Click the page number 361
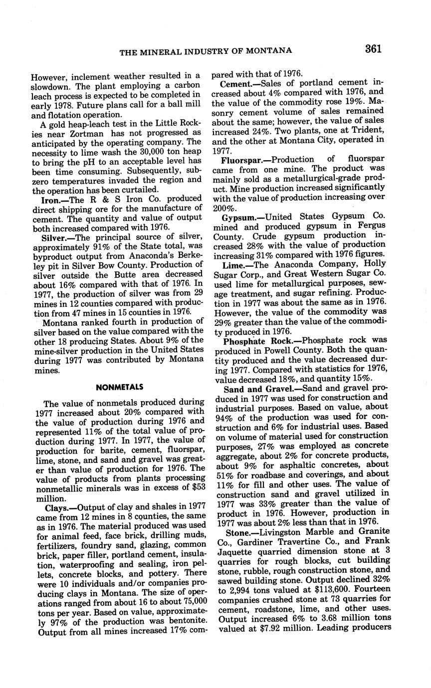[x=374, y=48]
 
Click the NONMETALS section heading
[x=119, y=387]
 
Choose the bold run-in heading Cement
[x=235, y=84]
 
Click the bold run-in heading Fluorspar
[x=243, y=160]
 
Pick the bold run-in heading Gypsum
[x=240, y=217]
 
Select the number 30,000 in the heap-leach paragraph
[x=149, y=151]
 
